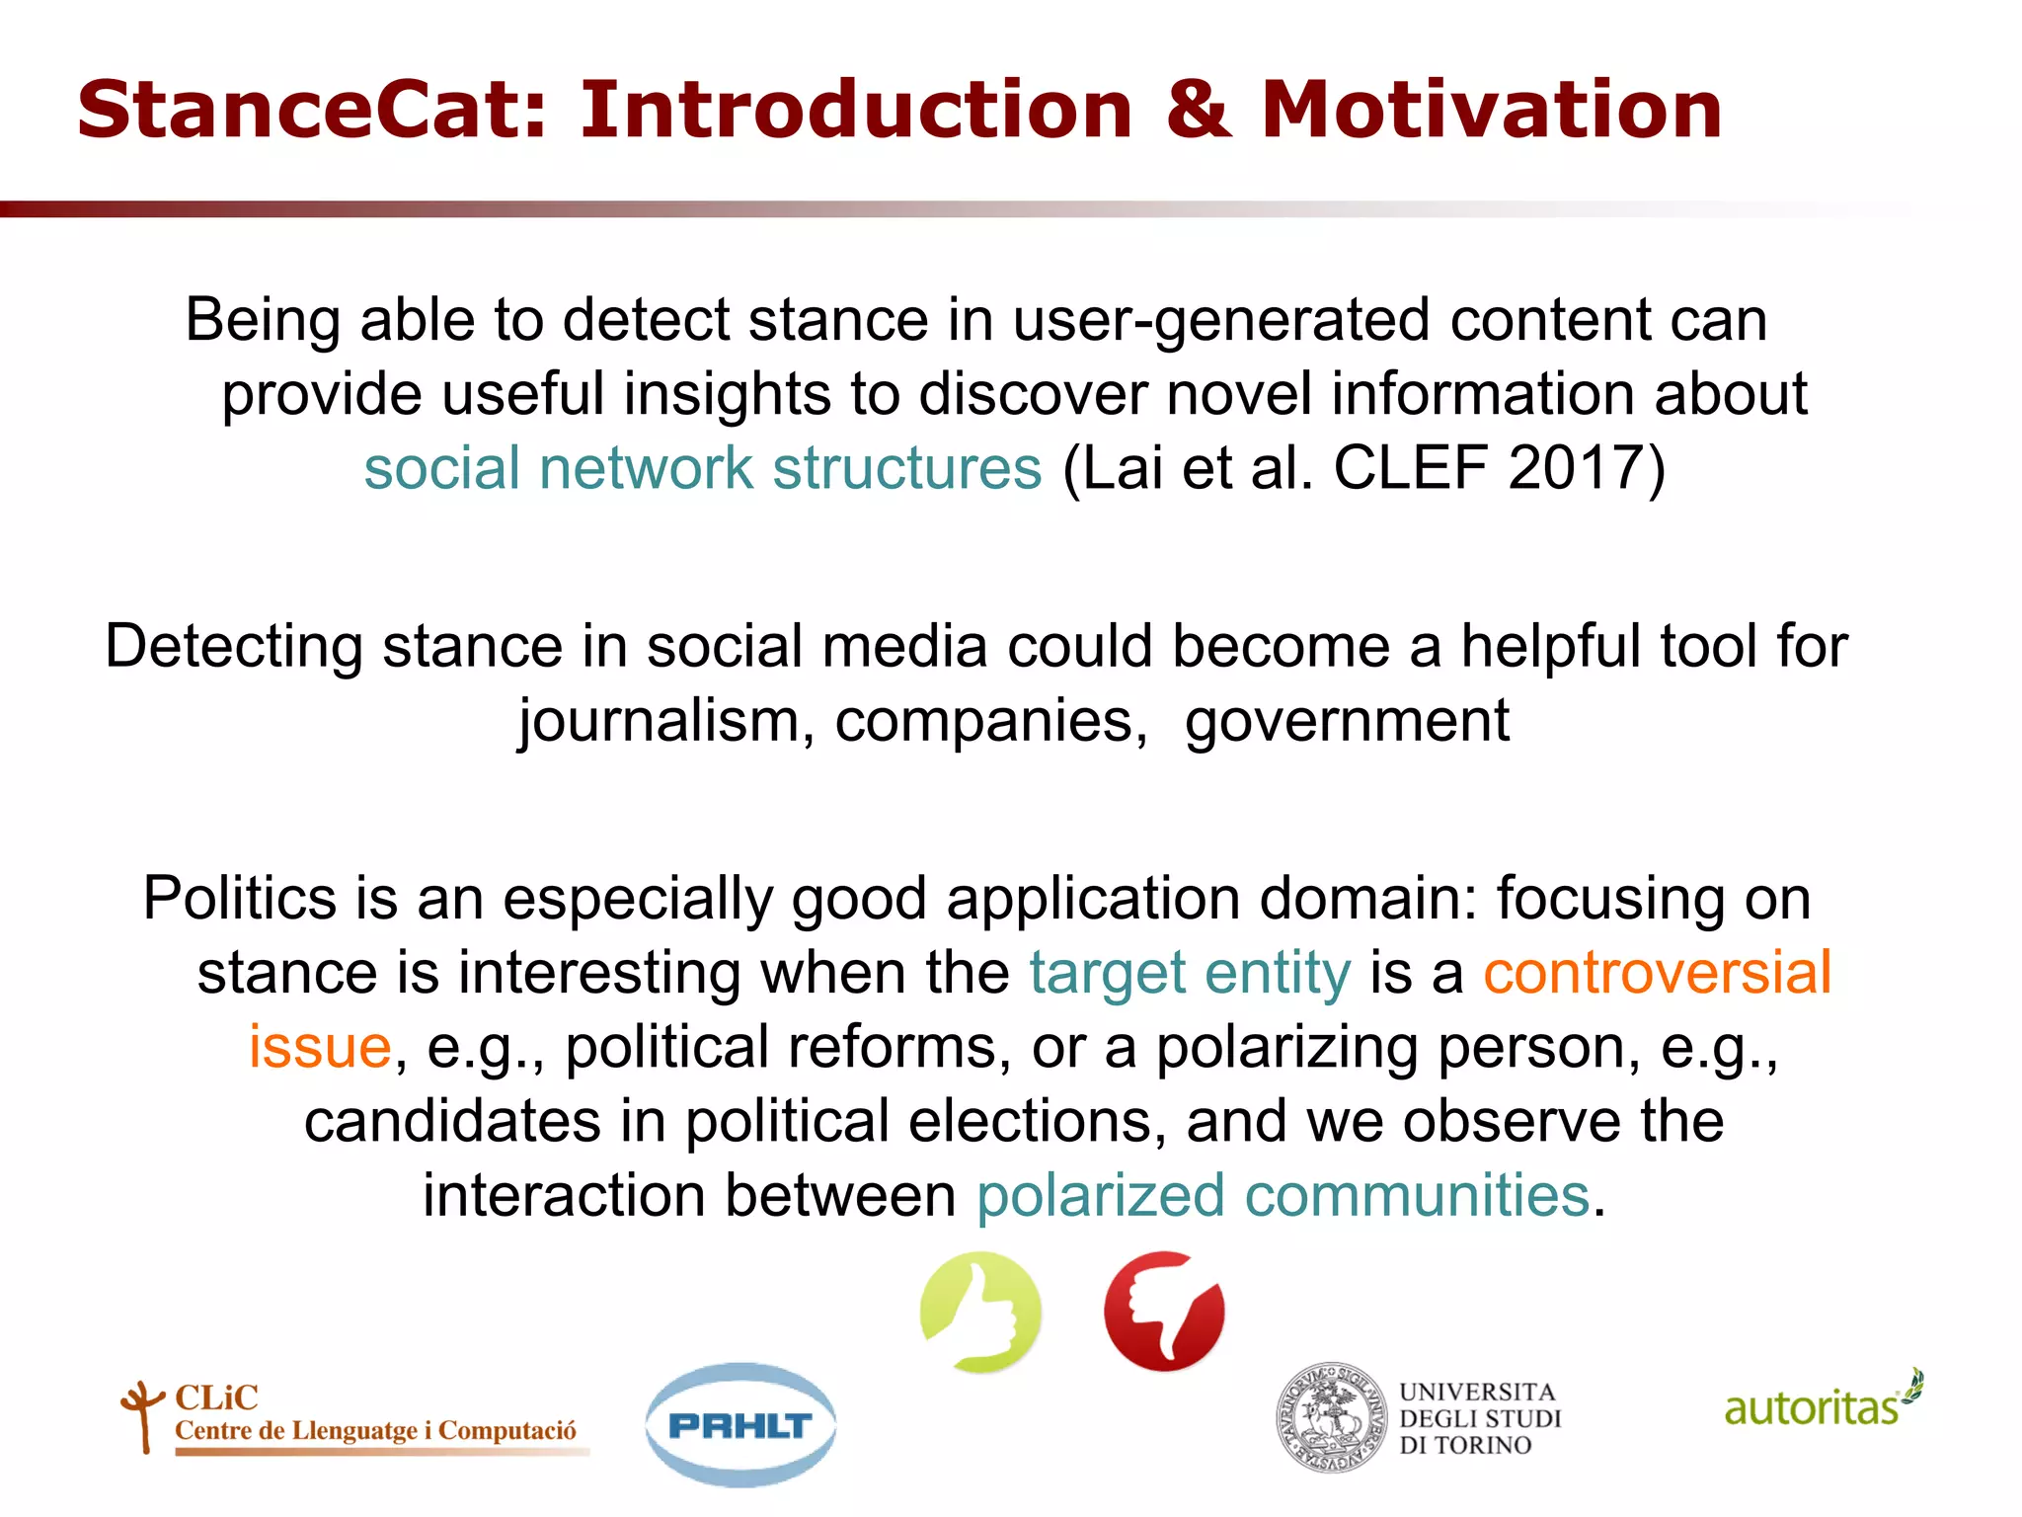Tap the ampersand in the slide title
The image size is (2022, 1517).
[1198, 110]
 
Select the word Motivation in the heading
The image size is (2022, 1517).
[1492, 110]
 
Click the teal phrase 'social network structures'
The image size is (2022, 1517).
[702, 467]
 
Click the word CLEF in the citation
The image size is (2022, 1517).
[1410, 467]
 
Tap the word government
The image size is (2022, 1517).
[1347, 720]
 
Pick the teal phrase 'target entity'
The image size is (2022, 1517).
[1190, 972]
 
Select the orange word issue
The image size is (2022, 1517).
[320, 1046]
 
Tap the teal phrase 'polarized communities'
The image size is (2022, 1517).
[1283, 1195]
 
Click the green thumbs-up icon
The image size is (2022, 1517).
[980, 1312]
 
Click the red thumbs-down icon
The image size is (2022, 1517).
[1165, 1312]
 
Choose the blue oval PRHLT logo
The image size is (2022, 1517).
[740, 1425]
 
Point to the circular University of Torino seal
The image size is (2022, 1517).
[1332, 1418]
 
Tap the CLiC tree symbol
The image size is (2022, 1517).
[142, 1414]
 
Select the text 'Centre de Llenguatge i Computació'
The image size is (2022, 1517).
[375, 1431]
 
